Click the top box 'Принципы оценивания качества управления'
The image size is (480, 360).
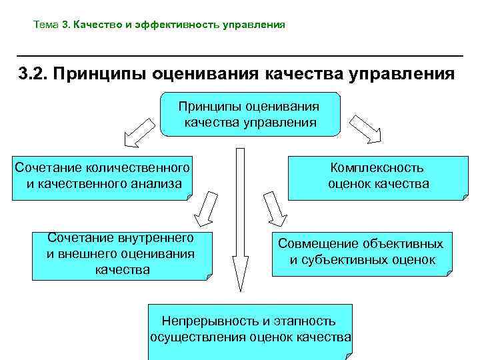click(251, 114)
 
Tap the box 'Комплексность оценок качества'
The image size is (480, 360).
click(377, 177)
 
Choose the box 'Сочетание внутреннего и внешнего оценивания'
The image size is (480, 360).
click(121, 255)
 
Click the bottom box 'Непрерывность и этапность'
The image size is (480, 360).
click(250, 329)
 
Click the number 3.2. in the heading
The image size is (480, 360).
click(33, 72)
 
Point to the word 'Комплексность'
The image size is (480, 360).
click(377, 168)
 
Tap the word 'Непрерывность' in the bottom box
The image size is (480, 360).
click(209, 321)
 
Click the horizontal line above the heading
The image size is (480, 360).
click(240, 55)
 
